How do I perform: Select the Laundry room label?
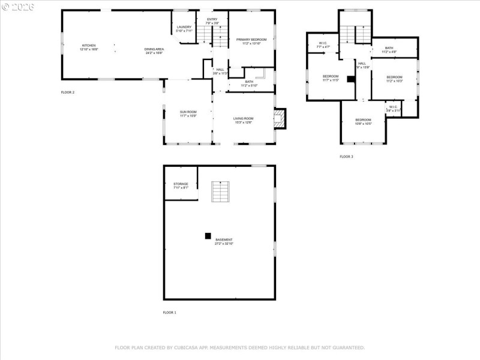[184, 28]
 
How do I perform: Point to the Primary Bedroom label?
[251, 41]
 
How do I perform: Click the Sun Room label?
[188, 113]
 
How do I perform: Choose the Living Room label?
[243, 120]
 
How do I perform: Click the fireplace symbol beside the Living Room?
[279, 118]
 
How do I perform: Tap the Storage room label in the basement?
[181, 185]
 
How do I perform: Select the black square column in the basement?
[208, 235]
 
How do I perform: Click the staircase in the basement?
[220, 191]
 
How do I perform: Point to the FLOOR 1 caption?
[170, 313]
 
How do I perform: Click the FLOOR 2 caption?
[68, 92]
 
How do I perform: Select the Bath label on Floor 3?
[389, 50]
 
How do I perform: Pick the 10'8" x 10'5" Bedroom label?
[363, 122]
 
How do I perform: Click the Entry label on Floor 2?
[212, 21]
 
